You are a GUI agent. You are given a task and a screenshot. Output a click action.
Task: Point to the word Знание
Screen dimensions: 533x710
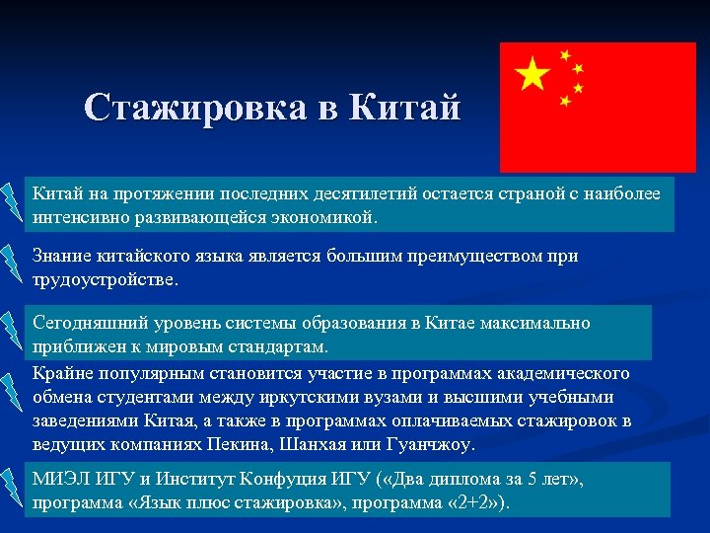[x=63, y=256]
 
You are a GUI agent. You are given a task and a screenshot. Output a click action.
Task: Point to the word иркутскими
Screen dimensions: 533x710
[x=306, y=397]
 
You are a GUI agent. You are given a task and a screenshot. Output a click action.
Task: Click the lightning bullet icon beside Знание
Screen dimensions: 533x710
[x=12, y=260]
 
